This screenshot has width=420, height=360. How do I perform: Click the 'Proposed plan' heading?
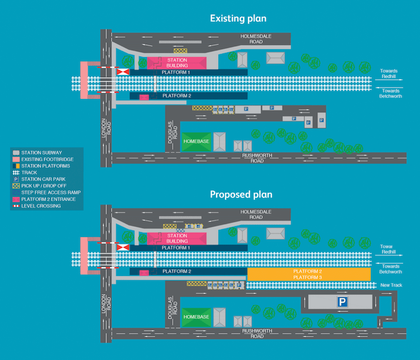pos(241,194)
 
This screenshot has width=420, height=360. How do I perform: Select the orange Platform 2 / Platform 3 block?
pos(308,274)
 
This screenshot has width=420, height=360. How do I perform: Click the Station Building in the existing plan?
pos(177,62)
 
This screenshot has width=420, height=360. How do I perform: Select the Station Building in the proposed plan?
pos(177,238)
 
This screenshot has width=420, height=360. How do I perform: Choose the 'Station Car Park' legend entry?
pos(43,179)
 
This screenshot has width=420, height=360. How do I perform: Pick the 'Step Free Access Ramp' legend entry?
pos(50,192)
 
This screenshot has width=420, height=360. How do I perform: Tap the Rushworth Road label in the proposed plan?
pos(257,334)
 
